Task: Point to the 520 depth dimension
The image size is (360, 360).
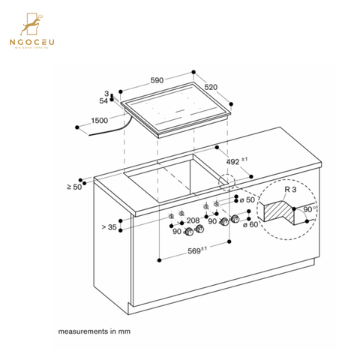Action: coord(211,87)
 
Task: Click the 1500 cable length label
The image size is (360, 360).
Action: coord(99,119)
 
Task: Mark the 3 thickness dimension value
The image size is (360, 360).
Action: coord(107,94)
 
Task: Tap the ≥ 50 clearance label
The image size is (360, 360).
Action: coord(73,186)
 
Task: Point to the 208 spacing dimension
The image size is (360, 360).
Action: coord(192,220)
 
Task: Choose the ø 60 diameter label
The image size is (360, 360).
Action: coord(251,224)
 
